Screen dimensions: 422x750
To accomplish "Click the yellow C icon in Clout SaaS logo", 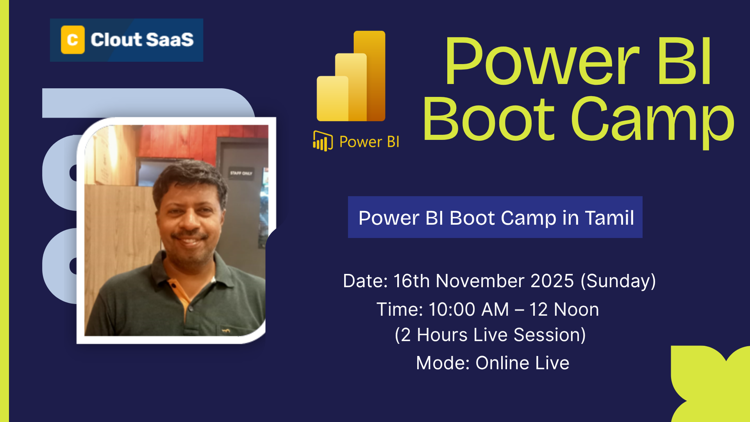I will pos(73,40).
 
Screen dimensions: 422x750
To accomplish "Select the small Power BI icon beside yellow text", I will pos(323,141).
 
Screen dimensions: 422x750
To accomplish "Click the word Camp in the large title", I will pos(652,119).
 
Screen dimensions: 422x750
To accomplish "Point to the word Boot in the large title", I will pos(488,119).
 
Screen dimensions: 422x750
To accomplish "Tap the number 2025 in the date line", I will pos(552,281).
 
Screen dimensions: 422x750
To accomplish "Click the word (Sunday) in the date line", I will pos(618,281).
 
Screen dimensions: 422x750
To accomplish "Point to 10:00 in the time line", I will pos(452,309).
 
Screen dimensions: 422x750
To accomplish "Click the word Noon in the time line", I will pos(576,309).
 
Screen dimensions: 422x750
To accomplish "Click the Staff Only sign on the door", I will pos(241,173).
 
